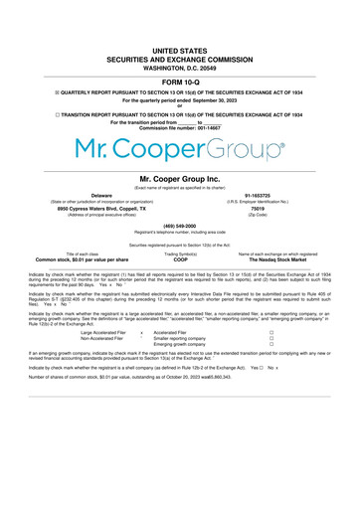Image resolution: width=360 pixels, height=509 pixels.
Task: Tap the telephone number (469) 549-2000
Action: (179, 225)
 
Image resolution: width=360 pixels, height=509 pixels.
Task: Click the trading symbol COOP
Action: (179, 259)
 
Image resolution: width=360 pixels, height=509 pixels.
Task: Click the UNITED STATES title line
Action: (179, 48)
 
